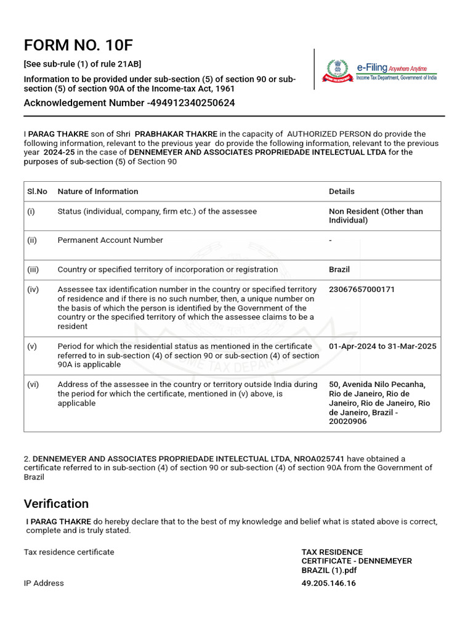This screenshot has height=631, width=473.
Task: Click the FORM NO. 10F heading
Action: click(x=78, y=46)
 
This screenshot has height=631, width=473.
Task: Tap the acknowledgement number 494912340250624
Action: click(x=192, y=103)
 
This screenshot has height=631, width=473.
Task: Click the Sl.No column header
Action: click(x=37, y=192)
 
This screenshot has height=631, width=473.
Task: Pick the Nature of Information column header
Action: click(x=98, y=192)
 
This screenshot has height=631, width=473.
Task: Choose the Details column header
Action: click(x=342, y=192)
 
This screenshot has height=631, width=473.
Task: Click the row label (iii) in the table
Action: click(x=32, y=269)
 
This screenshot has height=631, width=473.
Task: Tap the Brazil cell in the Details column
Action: click(x=339, y=269)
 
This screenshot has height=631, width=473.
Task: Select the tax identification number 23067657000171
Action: click(x=362, y=289)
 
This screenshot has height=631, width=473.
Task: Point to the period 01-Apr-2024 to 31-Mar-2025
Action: click(x=382, y=346)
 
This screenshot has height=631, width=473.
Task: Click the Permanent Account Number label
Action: click(x=110, y=240)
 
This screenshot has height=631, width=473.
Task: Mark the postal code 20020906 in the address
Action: click(x=348, y=421)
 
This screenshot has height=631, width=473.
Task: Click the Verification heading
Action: click(x=56, y=503)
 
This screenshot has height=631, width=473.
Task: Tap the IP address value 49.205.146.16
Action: click(x=328, y=583)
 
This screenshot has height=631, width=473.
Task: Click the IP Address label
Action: click(x=44, y=583)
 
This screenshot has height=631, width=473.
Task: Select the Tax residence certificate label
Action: click(x=69, y=552)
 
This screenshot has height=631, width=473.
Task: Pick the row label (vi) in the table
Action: click(x=33, y=385)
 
